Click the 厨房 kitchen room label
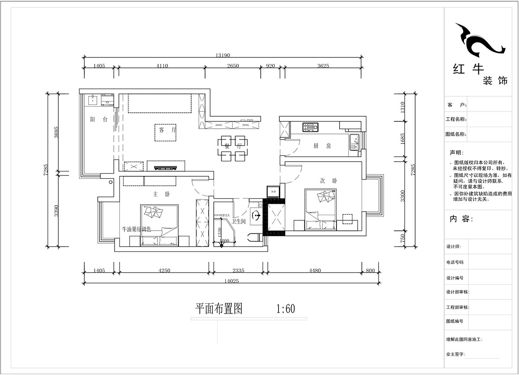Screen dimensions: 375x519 322,146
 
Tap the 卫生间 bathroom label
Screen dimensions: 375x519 239,221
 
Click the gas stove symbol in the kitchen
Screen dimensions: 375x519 310,127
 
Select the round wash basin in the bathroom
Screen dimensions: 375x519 256,215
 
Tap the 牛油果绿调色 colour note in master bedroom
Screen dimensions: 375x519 137,229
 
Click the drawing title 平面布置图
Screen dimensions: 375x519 218,308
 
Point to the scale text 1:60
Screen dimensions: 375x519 285,309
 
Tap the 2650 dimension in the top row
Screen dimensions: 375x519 233,66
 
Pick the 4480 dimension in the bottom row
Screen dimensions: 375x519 314,271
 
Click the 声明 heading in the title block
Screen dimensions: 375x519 456,153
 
